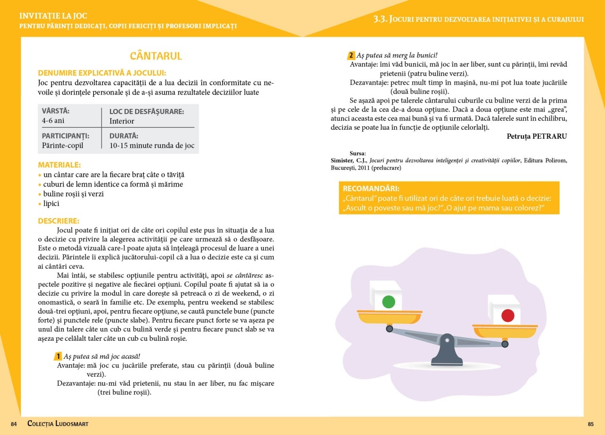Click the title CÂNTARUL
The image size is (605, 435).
point(156,56)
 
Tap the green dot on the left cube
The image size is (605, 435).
point(388,302)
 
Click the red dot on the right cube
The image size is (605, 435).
point(508,316)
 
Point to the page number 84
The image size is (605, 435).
point(14,424)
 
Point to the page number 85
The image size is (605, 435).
point(590,424)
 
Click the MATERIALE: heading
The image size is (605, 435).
point(60,165)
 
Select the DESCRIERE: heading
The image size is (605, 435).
point(59,221)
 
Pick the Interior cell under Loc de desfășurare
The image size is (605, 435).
point(122,121)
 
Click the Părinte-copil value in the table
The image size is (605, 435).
point(62,146)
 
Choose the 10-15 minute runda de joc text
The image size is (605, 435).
point(152,146)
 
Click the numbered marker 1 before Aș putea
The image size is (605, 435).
point(58,356)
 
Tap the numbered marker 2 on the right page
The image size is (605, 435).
point(351,55)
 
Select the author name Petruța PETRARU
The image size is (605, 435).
point(536,136)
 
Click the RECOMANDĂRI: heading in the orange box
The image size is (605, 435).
point(371,188)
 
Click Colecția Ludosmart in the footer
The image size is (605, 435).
point(58,424)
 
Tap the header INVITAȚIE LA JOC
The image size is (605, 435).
point(53,16)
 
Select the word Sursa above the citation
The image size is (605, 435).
point(357,153)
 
